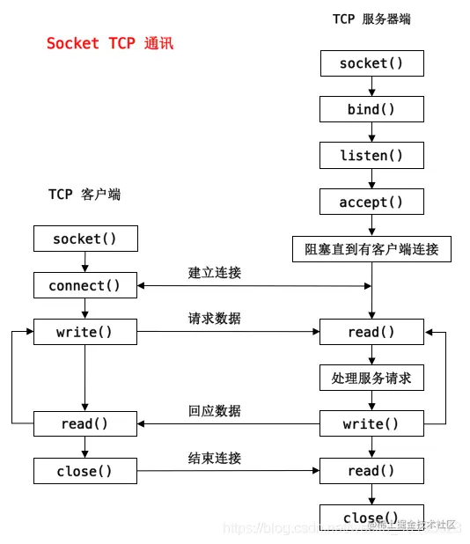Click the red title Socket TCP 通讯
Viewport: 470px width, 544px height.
click(110, 43)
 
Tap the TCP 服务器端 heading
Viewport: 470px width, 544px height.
click(371, 18)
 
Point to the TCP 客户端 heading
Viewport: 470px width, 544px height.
click(84, 195)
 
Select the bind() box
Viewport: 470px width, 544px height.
click(371, 109)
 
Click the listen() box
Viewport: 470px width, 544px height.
click(371, 156)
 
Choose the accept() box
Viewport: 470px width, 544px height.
click(371, 202)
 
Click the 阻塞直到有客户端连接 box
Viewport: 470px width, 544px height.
click(371, 249)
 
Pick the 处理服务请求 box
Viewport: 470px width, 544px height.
click(371, 379)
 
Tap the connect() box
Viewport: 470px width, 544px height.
click(84, 285)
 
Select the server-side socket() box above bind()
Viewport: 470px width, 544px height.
click(371, 63)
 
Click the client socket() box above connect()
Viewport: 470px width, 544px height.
click(84, 239)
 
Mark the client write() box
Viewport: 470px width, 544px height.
click(84, 332)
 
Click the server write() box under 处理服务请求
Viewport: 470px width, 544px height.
click(371, 424)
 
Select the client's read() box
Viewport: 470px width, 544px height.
click(84, 424)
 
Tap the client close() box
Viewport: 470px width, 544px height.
click(84, 471)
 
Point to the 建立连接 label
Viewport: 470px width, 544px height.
click(214, 273)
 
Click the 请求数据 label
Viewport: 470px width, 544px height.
click(214, 319)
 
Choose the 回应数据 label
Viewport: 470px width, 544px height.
click(214, 411)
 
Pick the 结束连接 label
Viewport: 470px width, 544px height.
click(214, 458)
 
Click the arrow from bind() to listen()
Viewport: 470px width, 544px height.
click(371, 132)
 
